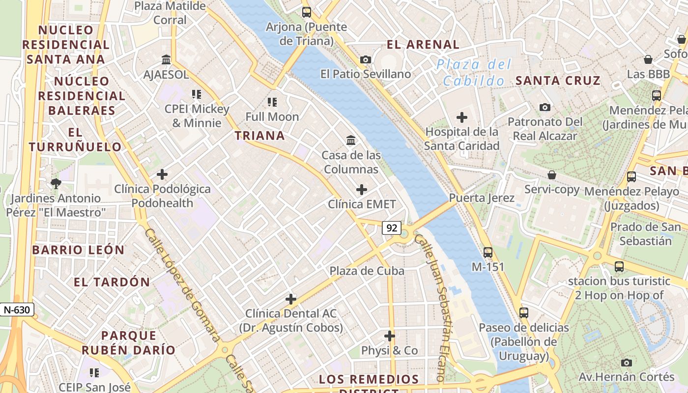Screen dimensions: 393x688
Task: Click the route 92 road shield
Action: (392, 227)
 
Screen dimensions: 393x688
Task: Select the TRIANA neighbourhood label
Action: (259, 136)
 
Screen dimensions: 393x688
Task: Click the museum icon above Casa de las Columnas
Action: (351, 140)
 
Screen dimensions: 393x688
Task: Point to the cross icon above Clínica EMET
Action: (362, 189)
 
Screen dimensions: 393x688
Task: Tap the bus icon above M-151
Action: (488, 253)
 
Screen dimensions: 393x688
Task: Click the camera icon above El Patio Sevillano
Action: (366, 59)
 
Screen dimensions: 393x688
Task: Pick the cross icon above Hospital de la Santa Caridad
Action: (462, 117)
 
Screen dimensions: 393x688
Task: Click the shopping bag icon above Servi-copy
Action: (552, 175)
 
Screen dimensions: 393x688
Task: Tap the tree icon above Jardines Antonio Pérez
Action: (56, 184)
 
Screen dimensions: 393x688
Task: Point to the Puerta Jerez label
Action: (482, 198)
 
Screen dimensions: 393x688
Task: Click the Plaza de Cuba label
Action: (367, 271)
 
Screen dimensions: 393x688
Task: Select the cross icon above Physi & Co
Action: (390, 336)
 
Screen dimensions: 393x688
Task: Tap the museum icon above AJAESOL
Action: (166, 60)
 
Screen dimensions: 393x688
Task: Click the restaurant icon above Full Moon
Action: (272, 102)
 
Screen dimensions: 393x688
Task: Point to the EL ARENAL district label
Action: (423, 45)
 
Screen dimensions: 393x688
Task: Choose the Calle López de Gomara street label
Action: (182, 285)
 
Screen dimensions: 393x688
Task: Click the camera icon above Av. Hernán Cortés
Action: (627, 363)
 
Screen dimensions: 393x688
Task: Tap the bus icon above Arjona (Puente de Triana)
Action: (307, 12)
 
